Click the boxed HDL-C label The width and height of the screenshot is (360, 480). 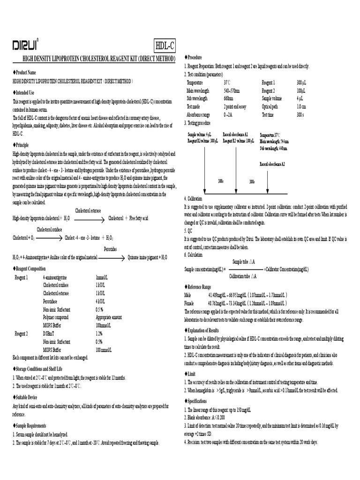(165, 45)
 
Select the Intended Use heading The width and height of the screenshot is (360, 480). (24, 93)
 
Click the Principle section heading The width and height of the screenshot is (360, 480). (21, 145)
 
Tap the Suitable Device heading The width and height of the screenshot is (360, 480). (27, 397)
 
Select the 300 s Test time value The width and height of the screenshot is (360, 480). (300, 114)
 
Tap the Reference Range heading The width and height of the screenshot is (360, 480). (199, 286)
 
